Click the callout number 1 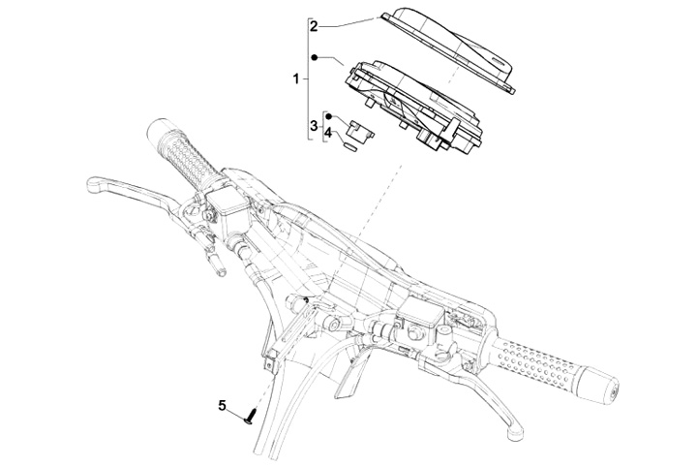click(x=296, y=76)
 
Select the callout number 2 click(x=314, y=26)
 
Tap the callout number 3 click(x=314, y=126)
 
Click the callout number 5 click(x=221, y=406)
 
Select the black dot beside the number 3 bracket click(x=328, y=114)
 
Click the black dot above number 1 click(x=314, y=57)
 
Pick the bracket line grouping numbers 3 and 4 click(x=322, y=127)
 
